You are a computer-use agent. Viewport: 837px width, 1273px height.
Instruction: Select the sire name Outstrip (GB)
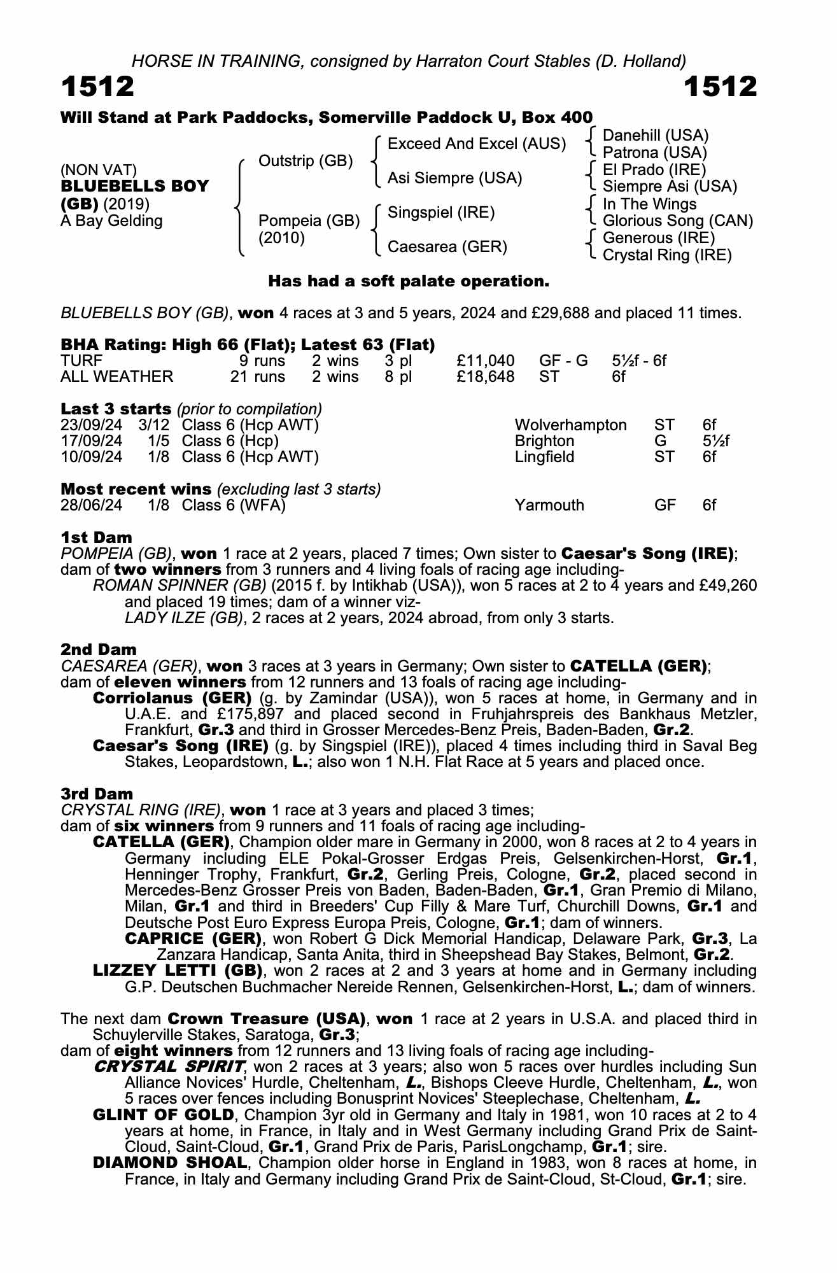(305, 161)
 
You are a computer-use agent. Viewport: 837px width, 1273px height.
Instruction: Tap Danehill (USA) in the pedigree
(655, 136)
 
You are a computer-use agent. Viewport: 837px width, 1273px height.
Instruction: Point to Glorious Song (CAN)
(677, 221)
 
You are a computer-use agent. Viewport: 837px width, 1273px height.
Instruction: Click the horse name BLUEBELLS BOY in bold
(134, 186)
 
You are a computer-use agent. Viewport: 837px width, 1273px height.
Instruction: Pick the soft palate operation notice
(408, 281)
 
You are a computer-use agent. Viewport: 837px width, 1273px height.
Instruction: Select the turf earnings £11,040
(486, 361)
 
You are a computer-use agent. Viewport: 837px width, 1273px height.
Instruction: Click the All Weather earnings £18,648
(486, 377)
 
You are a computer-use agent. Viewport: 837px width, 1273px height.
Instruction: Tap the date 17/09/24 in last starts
(91, 441)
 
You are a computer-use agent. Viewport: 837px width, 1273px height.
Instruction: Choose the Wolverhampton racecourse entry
(570, 425)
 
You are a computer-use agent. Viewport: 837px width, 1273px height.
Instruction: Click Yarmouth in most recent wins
(549, 505)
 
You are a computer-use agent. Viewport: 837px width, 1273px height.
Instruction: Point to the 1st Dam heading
(96, 537)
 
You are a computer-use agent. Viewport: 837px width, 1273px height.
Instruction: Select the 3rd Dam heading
(97, 794)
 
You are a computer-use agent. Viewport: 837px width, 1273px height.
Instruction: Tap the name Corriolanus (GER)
(172, 698)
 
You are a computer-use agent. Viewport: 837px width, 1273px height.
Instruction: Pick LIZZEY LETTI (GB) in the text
(178, 971)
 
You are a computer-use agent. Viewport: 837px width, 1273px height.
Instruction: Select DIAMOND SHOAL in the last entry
(169, 1163)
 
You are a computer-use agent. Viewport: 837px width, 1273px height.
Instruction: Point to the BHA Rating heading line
(248, 344)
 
